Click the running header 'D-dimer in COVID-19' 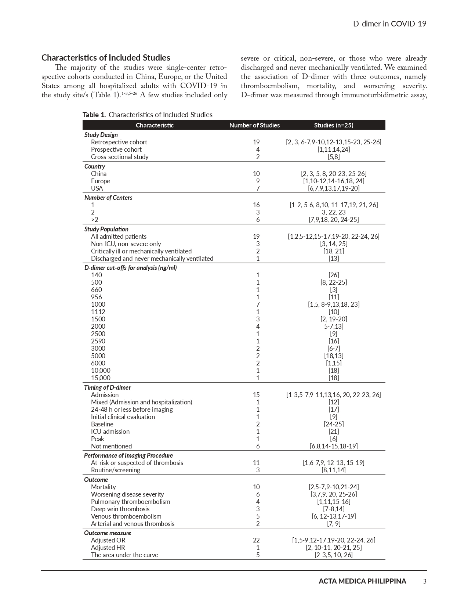click(389, 24)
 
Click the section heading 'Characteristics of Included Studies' click(106, 58)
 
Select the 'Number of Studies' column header click(254, 125)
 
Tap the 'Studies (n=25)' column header click(333, 125)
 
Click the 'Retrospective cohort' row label click(119, 142)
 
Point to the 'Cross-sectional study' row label click(120, 157)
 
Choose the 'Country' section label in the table click(95, 166)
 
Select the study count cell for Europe click(258, 181)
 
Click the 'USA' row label click(97, 188)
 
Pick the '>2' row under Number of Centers click(95, 220)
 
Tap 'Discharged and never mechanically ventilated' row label click(152, 259)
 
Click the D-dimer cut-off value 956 click(97, 297)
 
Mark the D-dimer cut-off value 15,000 click(101, 378)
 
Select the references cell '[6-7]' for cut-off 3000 click(333, 349)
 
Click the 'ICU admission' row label click(110, 432)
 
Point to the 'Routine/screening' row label click(115, 470)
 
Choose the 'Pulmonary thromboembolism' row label click(130, 502)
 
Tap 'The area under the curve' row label click(124, 555)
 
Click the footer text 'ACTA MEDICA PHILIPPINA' click(362, 581)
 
